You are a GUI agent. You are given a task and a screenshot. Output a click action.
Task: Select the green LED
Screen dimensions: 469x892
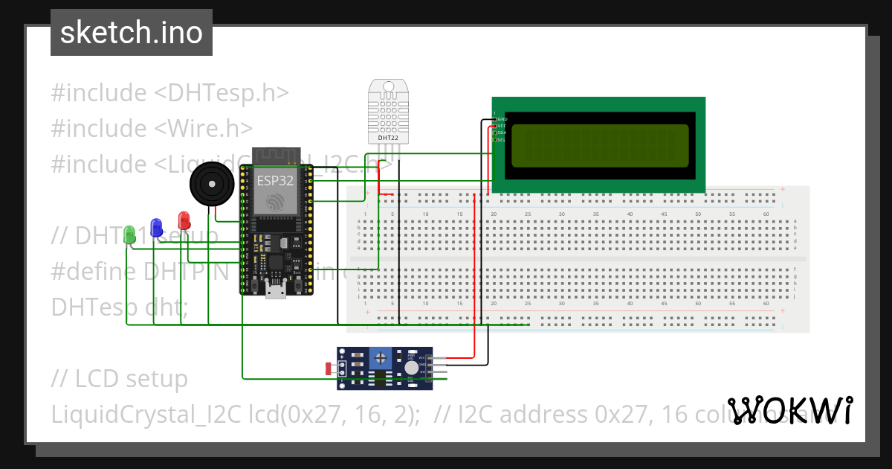pos(130,234)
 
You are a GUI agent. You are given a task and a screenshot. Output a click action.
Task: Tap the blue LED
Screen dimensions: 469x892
pos(156,227)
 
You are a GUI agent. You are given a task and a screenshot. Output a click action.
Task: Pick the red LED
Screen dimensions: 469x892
pos(184,220)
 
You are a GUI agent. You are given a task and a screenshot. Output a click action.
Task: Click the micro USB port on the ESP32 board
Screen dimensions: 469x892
pos(277,290)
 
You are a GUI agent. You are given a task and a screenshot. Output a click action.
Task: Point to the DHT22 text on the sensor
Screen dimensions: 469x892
pos(387,138)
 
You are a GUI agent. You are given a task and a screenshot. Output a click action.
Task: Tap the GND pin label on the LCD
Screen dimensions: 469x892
pos(502,119)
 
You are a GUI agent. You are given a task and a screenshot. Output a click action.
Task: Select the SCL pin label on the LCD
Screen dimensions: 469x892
pos(502,139)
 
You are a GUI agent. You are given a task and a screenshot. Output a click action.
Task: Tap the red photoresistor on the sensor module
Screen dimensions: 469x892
pos(329,367)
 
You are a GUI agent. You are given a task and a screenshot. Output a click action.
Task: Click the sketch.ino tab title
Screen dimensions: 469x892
pos(132,33)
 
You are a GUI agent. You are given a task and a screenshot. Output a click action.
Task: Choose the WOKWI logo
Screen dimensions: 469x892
pos(790,410)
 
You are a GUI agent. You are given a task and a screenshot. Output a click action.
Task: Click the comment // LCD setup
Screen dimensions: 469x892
pos(119,379)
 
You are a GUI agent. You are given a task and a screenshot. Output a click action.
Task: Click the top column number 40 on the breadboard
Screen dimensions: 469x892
pos(630,214)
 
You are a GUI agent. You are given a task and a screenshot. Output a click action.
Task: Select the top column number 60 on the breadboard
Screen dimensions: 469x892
pos(766,214)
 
